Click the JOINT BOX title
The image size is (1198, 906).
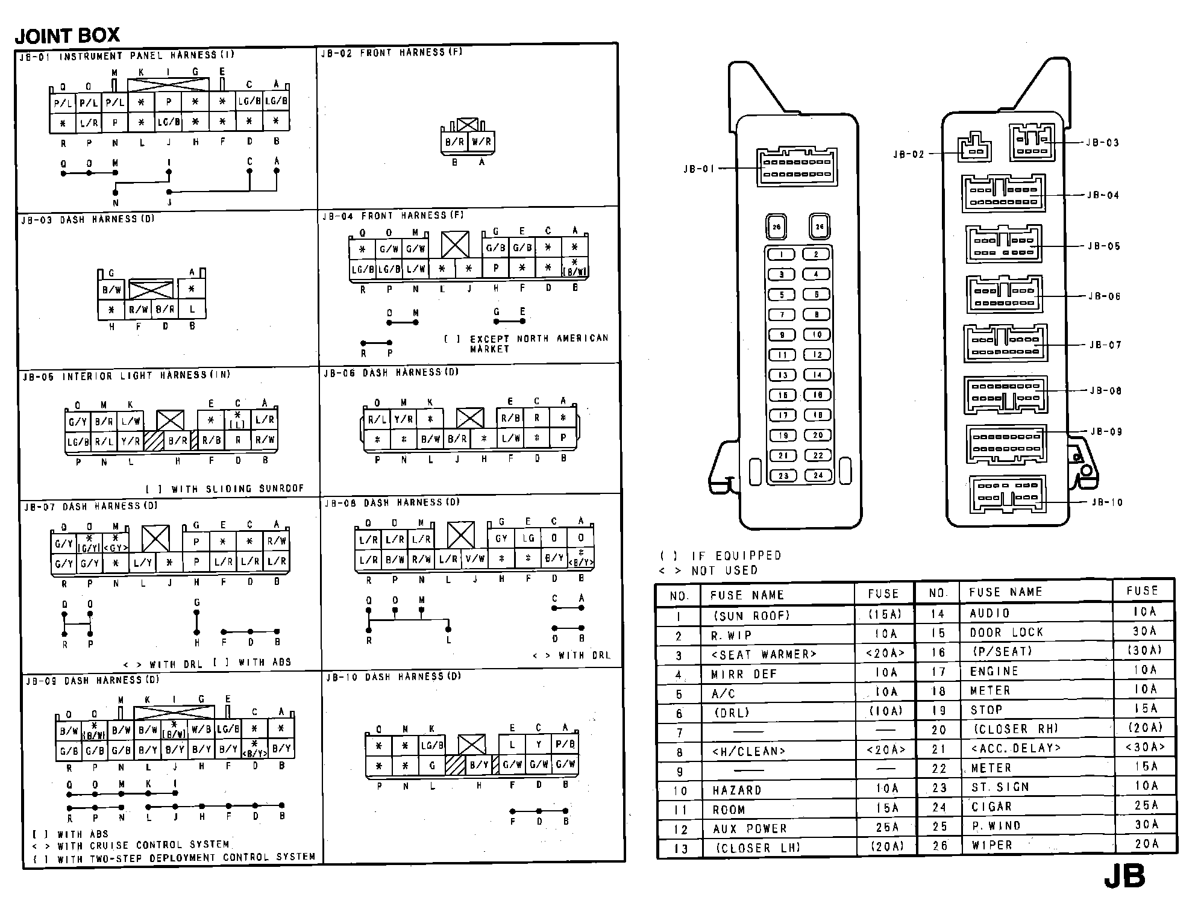pos(67,36)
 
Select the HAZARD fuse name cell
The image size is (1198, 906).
pos(737,790)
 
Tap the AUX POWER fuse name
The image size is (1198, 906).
pos(750,829)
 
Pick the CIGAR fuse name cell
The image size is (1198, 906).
pos(991,807)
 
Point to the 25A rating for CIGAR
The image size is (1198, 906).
pos(1146,805)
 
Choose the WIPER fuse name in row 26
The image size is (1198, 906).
pos(992,845)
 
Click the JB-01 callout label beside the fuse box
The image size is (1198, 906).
pos(698,169)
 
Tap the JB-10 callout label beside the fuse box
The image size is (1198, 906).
pos(1107,502)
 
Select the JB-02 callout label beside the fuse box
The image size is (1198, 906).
pos(908,155)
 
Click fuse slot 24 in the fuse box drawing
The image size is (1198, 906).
pos(818,475)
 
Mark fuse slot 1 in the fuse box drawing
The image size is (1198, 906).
pos(782,255)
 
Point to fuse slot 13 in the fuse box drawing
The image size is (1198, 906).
pos(782,375)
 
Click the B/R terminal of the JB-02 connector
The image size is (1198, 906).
pos(455,142)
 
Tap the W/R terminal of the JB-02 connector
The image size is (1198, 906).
pos(481,142)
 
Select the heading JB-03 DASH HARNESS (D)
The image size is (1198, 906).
pos(88,220)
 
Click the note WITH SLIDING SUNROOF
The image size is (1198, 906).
pos(237,489)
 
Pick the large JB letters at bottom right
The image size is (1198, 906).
pos(1124,877)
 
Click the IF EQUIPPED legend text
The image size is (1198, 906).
pos(736,555)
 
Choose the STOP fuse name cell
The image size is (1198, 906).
pos(986,710)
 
